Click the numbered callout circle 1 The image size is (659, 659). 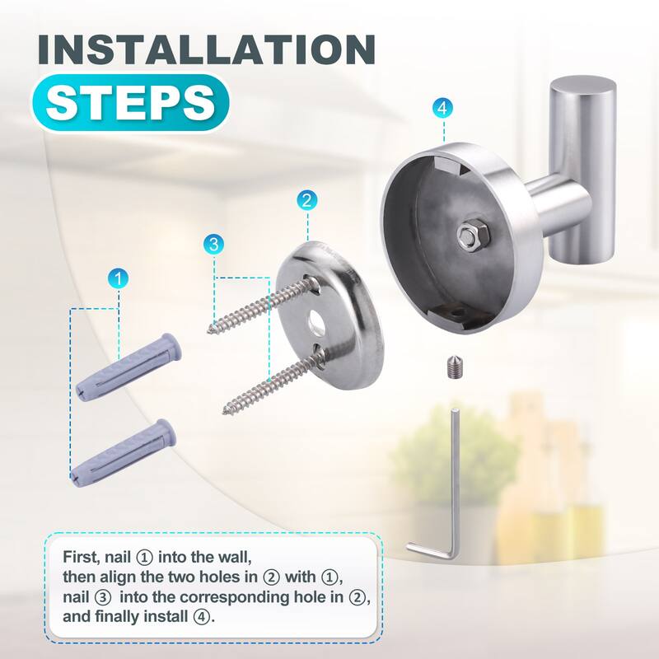120,278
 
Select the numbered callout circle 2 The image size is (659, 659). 306,199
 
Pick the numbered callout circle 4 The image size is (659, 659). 443,108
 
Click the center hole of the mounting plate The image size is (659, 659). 315,321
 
